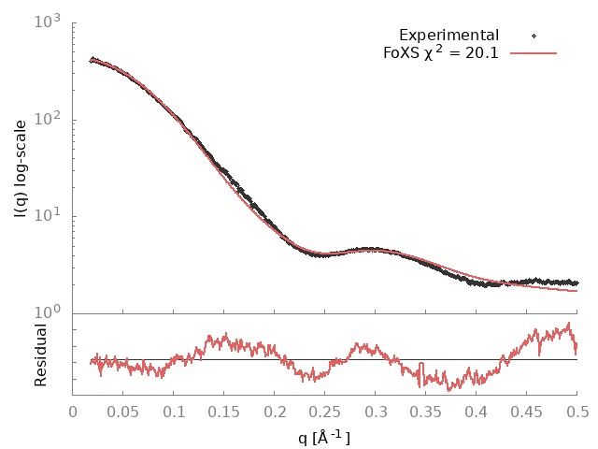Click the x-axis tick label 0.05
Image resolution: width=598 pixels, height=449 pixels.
123,410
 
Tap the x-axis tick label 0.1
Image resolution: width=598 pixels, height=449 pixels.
174,410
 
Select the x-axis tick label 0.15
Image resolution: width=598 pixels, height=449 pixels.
224,410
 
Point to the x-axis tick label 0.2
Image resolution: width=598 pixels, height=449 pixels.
275,410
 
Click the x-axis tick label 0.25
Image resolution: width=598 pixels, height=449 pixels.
325,410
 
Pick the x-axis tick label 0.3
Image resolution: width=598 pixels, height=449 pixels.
376,410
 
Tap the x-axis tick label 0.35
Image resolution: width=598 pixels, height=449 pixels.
426,410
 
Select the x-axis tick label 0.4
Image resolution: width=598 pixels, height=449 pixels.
477,410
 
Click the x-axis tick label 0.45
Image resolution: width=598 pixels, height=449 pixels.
527,410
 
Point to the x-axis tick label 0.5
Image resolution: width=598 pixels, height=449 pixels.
577,410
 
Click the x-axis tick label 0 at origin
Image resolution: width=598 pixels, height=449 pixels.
73,410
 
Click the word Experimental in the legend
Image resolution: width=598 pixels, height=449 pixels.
448,36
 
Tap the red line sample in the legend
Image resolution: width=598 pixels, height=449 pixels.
534,52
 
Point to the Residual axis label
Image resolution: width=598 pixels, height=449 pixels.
41,355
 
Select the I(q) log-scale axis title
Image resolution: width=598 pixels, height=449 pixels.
21,167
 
